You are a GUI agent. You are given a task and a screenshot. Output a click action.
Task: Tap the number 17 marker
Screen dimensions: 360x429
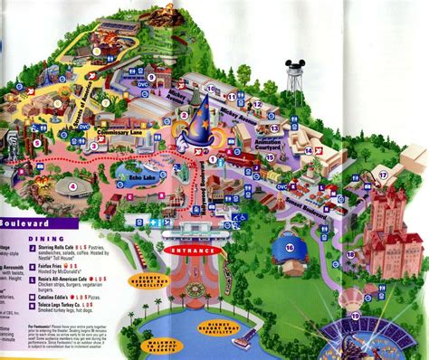(383, 175)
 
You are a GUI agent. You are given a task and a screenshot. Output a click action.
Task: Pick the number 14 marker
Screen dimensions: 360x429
(308, 150)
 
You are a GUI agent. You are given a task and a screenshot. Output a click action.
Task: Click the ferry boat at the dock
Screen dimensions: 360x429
(243, 336)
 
